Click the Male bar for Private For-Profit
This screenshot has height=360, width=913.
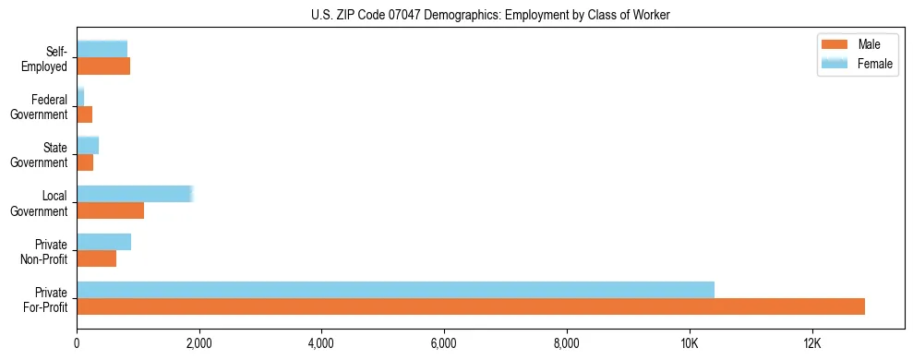471,306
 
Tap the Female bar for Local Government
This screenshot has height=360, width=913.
134,194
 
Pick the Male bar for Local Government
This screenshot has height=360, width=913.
110,210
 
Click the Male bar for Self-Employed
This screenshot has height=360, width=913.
103,66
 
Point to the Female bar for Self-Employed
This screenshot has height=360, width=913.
102,49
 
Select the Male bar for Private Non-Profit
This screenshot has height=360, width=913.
96,258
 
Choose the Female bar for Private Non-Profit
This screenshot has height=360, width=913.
103,242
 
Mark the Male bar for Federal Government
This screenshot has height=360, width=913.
84,114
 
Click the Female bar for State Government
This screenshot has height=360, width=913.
88,145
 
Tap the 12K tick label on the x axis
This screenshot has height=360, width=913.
811,342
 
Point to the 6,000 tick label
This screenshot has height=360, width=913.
444,342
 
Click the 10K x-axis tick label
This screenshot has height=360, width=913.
689,342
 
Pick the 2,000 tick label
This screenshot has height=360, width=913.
198,342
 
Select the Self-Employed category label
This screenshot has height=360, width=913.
46,59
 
